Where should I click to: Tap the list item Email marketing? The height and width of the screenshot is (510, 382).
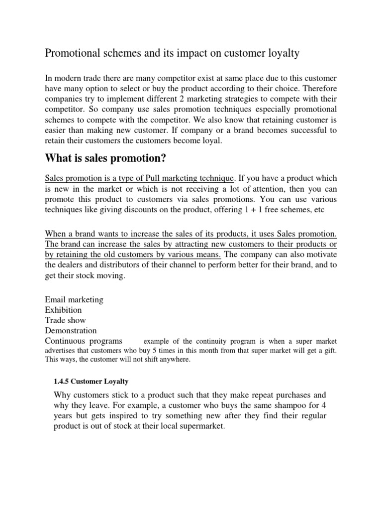pos(74,299)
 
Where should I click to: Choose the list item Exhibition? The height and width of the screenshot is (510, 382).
pos(63,310)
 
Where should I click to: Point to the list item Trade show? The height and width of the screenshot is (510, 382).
pos(65,320)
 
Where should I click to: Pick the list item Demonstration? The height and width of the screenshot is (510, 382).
pos(71,331)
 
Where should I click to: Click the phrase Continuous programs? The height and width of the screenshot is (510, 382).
pos(83,341)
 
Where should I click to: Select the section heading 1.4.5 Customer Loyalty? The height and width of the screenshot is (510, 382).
pos(91,382)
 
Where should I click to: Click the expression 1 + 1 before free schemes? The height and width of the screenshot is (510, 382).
pos(252,210)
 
